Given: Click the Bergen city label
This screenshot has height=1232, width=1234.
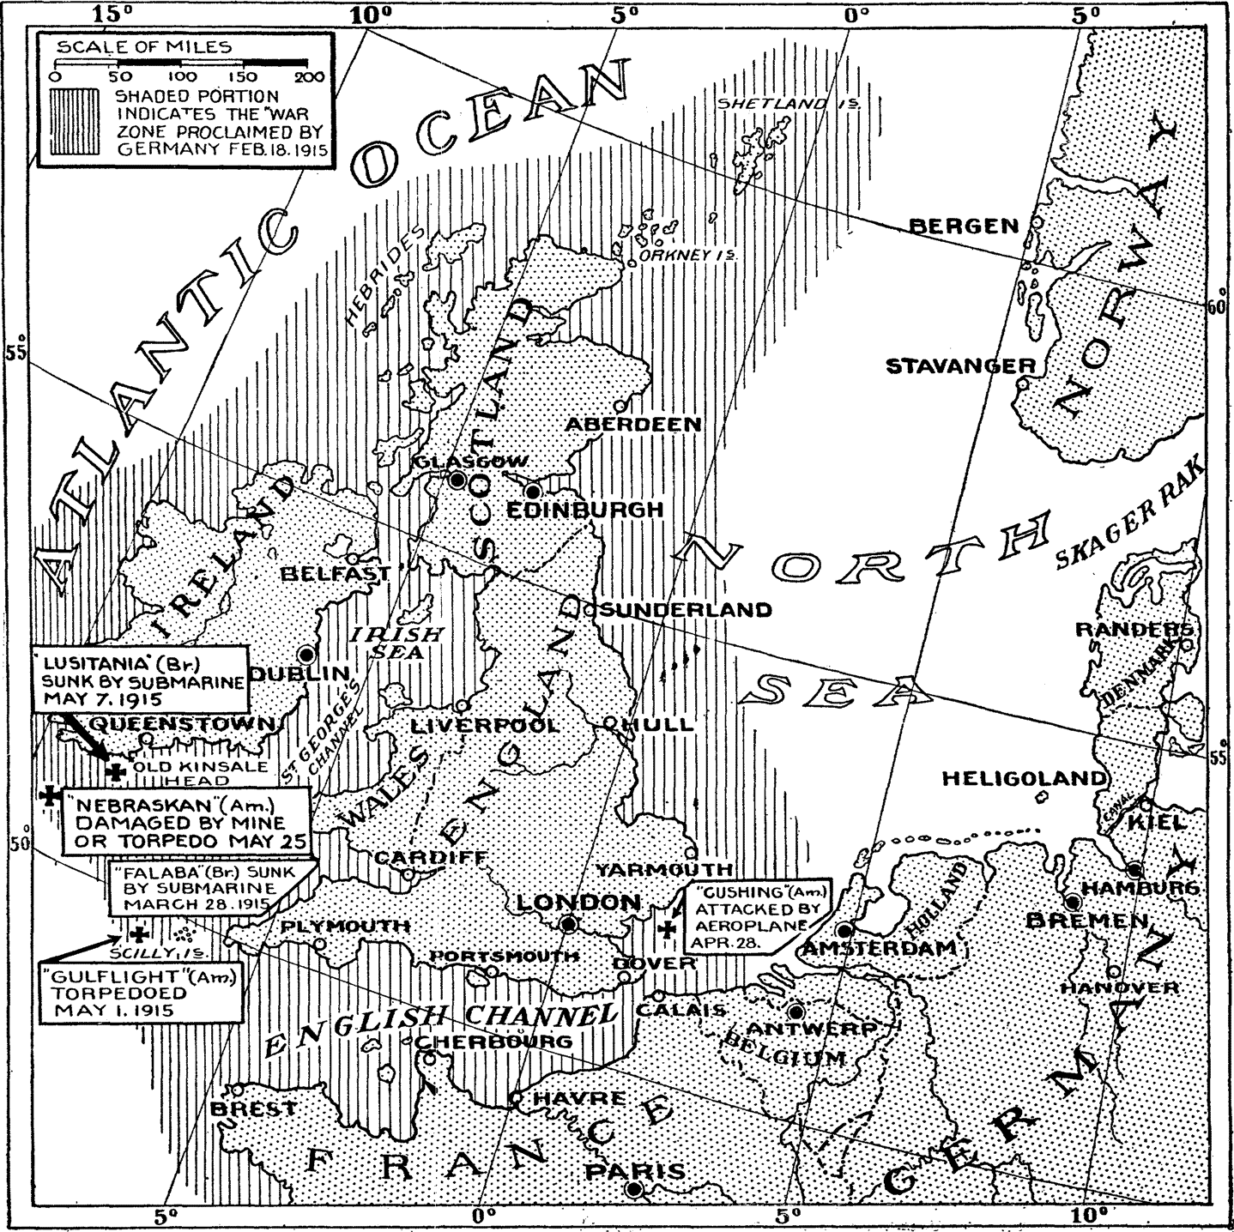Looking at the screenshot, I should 963,226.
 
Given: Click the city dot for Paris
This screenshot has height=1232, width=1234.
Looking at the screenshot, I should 634,1188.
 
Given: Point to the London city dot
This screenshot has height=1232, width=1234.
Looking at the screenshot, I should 568,924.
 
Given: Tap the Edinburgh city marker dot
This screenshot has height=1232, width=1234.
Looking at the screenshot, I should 533,492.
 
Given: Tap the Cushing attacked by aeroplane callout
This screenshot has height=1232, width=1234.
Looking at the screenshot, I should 751,918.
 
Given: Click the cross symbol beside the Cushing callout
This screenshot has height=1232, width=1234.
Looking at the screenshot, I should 666,928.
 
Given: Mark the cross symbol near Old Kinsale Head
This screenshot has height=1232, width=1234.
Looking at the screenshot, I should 115,771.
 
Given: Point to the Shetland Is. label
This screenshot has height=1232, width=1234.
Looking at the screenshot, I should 787,104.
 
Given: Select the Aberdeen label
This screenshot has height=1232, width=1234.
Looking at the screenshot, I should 633,425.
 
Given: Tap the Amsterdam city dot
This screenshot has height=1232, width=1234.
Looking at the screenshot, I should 844,930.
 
